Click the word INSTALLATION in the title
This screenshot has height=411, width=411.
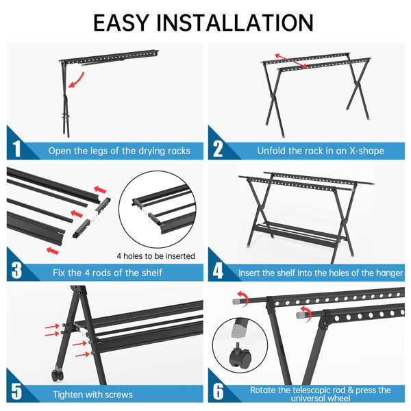point(235,23)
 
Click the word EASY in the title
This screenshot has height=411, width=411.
point(121,23)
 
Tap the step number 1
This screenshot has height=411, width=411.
point(16,149)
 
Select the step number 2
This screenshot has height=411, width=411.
point(218,149)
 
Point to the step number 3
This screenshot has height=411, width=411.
point(16,271)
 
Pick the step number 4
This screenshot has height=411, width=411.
point(218,271)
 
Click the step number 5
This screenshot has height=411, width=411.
point(16,392)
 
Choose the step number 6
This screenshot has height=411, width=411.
point(218,392)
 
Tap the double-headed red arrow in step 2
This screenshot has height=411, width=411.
point(291,61)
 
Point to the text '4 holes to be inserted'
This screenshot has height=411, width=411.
point(156,256)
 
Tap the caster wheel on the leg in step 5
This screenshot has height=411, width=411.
point(58,375)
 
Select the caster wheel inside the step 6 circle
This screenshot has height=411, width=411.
point(240,356)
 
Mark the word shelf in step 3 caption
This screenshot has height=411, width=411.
point(152,273)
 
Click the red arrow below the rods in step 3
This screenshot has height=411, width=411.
point(53,251)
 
